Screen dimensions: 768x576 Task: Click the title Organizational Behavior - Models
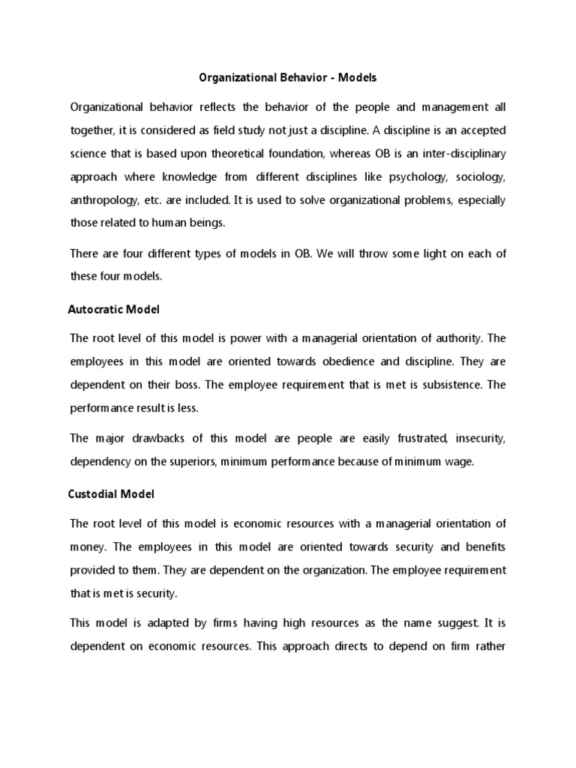pos(287,77)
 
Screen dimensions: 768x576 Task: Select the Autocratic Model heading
pos(114,309)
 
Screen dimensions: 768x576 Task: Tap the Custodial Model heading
pos(111,495)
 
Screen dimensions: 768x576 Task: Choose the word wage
pos(457,463)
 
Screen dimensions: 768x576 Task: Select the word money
pos(88,547)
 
